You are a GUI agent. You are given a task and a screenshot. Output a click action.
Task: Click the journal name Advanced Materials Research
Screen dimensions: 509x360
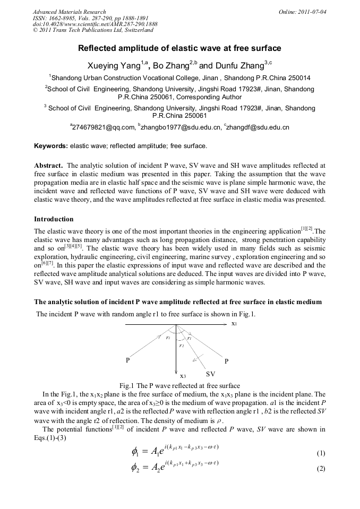point(69,12)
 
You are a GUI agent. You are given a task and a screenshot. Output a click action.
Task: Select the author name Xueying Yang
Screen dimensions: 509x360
point(111,66)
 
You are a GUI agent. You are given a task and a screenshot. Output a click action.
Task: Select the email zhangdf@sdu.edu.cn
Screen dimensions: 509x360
point(258,127)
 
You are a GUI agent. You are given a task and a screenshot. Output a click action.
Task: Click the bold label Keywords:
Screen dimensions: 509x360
point(51,145)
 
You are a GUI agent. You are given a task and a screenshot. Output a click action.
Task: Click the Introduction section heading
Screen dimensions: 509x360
point(54,219)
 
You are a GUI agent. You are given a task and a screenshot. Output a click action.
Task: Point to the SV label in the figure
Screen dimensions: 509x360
point(210,374)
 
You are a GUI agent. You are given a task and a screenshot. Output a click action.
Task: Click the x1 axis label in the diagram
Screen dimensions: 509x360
point(234,323)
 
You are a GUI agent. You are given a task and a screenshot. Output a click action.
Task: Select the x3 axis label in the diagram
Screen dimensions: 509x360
point(183,375)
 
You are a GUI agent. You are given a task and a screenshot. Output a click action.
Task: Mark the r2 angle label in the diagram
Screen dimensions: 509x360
point(182,346)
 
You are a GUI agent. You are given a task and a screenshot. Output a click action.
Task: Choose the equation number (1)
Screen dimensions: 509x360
point(320,453)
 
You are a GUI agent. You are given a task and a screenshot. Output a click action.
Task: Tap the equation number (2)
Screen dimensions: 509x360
point(320,469)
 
